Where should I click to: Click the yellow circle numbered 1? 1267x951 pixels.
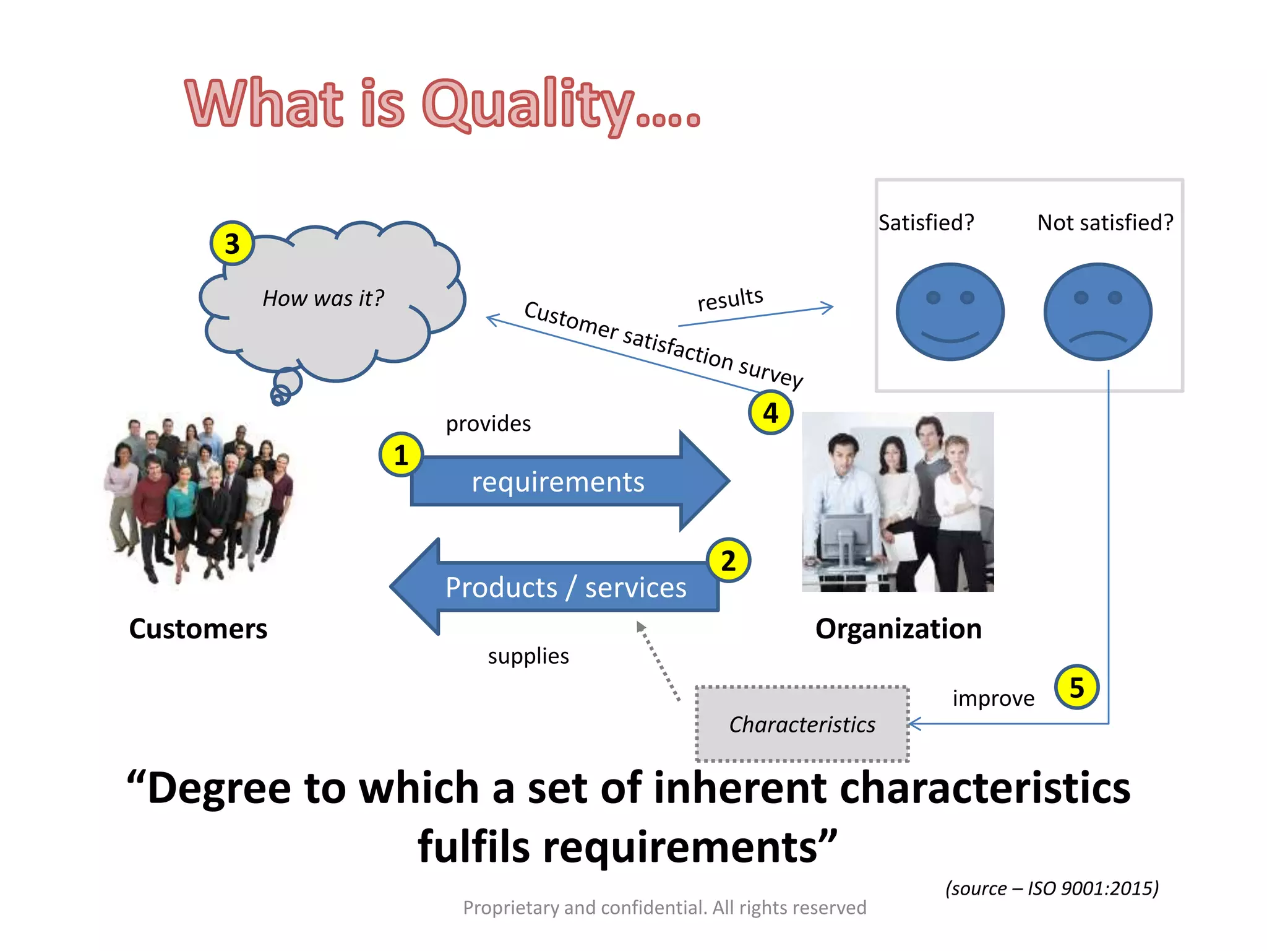[401, 454]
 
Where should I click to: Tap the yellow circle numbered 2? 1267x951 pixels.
[728, 560]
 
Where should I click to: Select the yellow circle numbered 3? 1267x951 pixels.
[232, 243]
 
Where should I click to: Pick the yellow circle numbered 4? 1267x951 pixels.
[770, 412]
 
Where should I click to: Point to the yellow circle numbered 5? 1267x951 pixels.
[1076, 687]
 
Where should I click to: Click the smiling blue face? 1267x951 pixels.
[950, 311]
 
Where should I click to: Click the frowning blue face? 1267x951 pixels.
[1097, 311]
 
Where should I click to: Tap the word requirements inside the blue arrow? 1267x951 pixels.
[558, 482]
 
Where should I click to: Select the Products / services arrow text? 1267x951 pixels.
[565, 587]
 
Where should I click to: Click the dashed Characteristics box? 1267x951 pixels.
[802, 724]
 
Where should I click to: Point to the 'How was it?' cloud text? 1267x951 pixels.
[323, 298]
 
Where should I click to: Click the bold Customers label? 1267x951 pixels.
[198, 628]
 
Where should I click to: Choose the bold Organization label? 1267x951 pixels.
[898, 628]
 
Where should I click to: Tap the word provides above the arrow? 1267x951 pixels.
[488, 423]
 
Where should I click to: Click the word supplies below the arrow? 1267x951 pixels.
[528, 656]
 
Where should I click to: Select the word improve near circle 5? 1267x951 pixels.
[993, 698]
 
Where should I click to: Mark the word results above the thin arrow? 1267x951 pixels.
[730, 299]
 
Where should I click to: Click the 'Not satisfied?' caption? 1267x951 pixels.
[1105, 222]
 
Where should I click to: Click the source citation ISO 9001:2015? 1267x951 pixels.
[1052, 888]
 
